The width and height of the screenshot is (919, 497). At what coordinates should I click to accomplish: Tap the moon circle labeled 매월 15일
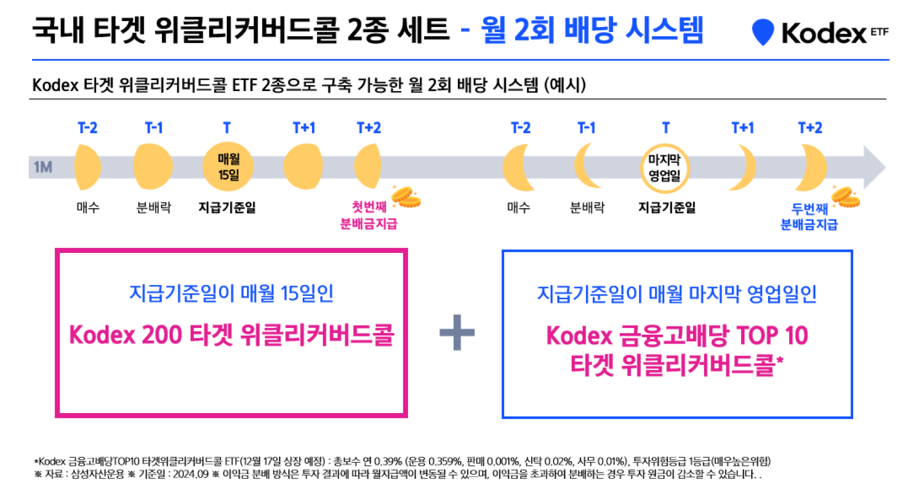[228, 166]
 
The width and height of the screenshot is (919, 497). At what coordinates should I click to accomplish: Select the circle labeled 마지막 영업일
[664, 168]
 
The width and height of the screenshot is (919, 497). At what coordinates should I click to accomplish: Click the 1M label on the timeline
[43, 167]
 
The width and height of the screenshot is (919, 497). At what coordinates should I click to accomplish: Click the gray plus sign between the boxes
[457, 332]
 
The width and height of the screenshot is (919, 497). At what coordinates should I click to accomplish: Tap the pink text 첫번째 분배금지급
[369, 215]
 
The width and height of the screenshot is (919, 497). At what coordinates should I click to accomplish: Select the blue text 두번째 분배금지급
[809, 217]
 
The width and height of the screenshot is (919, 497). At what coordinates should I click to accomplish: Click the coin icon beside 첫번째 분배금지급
[406, 197]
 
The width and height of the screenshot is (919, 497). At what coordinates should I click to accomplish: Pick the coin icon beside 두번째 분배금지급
[846, 197]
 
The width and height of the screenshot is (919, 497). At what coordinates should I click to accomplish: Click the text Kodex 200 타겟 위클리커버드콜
[231, 335]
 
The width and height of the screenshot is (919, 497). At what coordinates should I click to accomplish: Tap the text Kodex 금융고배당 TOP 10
[677, 335]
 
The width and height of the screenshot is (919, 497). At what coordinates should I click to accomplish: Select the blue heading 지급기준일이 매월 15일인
[231, 294]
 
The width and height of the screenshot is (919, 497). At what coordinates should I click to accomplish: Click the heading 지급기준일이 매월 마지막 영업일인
[677, 294]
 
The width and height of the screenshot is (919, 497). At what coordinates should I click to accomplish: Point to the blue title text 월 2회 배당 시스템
[592, 30]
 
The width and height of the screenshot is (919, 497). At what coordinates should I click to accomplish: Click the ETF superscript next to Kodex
[879, 32]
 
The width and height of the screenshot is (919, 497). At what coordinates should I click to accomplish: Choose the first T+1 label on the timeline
[304, 128]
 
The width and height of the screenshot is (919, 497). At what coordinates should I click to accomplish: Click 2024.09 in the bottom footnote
[191, 474]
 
